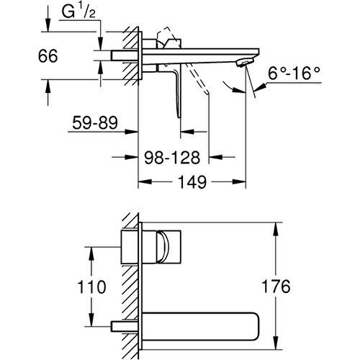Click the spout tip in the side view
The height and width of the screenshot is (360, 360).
[246, 66]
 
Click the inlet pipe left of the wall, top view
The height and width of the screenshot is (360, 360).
[120, 55]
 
